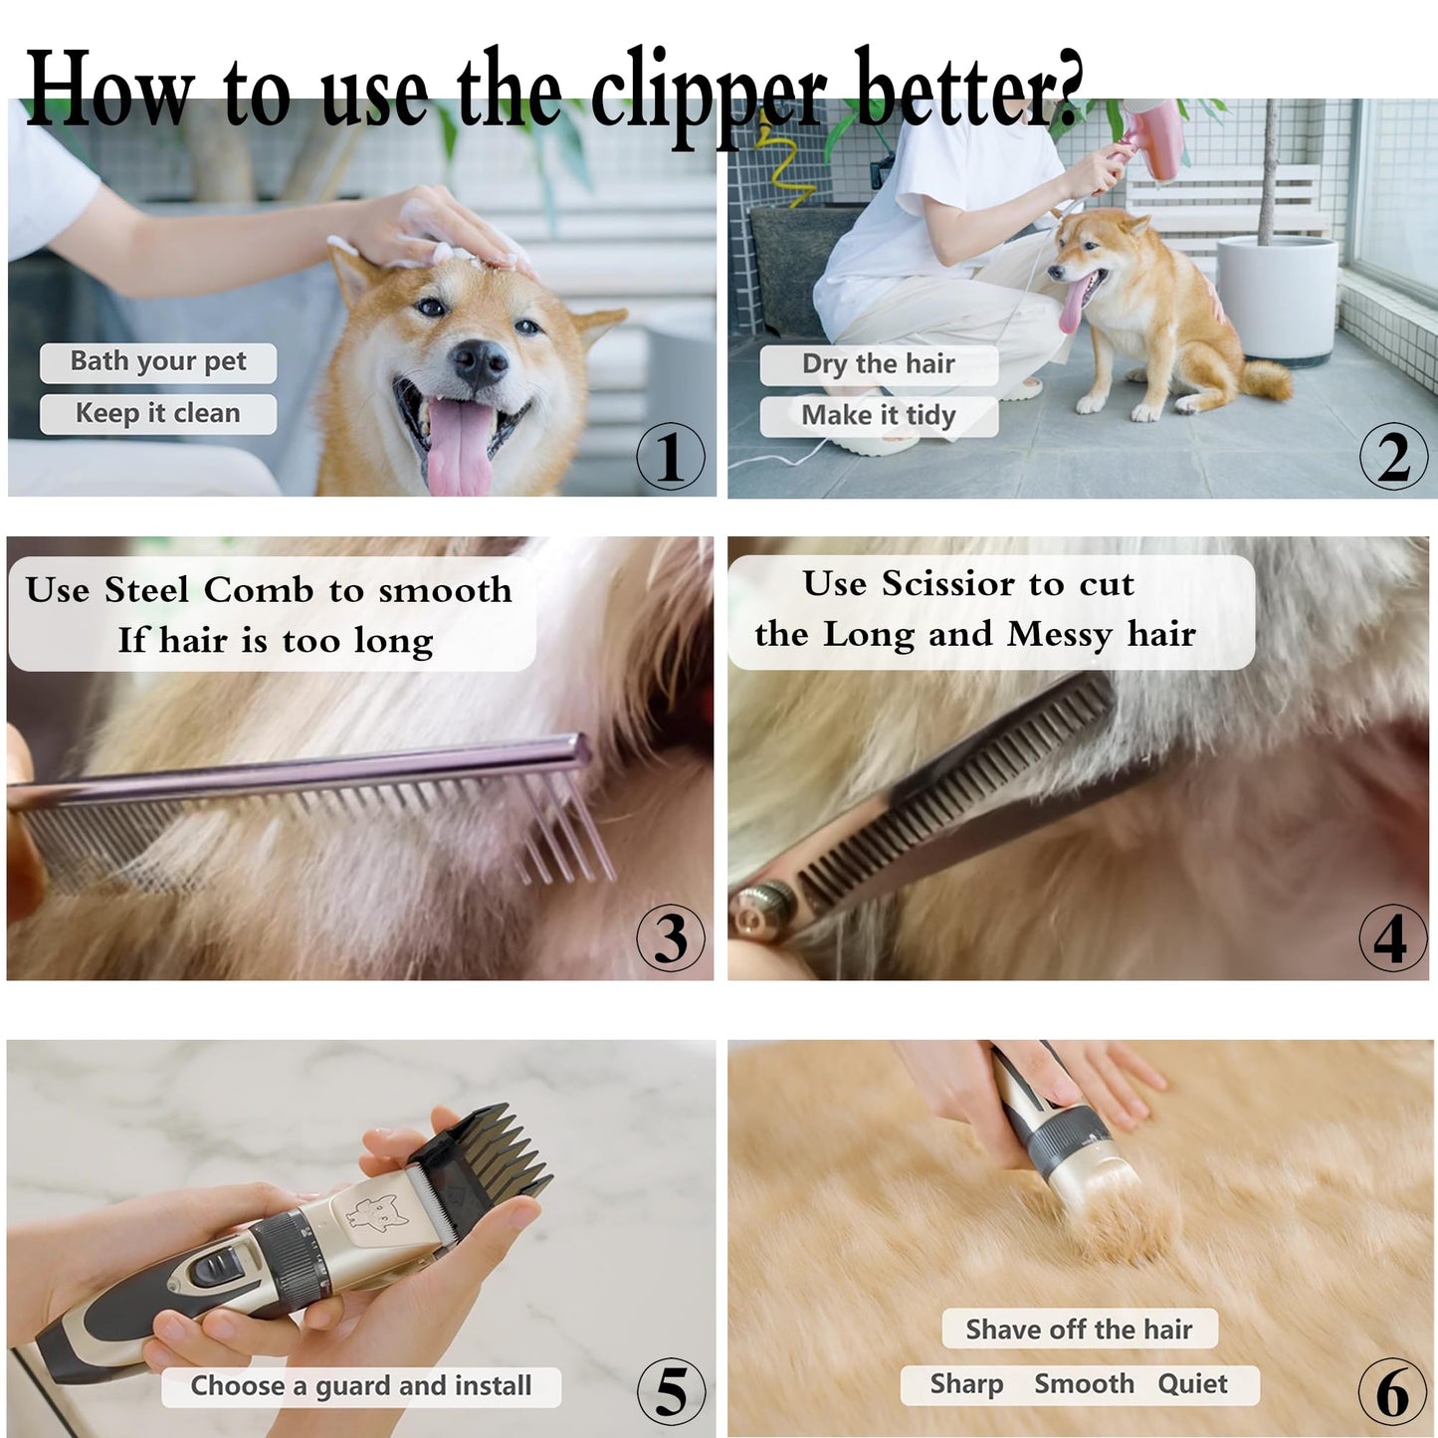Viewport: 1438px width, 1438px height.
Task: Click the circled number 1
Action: pyautogui.click(x=671, y=457)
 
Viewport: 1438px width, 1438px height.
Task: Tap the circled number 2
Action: pyautogui.click(x=1393, y=457)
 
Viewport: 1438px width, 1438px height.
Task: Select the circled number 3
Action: pyautogui.click(x=671, y=937)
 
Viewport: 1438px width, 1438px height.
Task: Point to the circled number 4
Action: pyautogui.click(x=1392, y=937)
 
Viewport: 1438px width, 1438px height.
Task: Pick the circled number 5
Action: pyautogui.click(x=671, y=1390)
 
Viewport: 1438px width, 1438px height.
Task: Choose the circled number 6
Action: pyautogui.click(x=1392, y=1391)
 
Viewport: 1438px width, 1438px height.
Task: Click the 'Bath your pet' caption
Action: pyautogui.click(x=158, y=361)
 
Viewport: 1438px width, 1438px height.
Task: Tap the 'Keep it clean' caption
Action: pyautogui.click(x=158, y=413)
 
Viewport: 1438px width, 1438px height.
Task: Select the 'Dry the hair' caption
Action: pyautogui.click(x=879, y=364)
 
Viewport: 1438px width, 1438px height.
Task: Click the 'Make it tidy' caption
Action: pyautogui.click(x=879, y=415)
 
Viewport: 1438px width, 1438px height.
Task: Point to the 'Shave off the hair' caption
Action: pyautogui.click(x=1079, y=1330)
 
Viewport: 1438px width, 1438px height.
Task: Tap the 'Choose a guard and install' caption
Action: pyautogui.click(x=361, y=1386)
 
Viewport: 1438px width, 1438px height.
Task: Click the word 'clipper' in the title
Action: pyautogui.click(x=708, y=95)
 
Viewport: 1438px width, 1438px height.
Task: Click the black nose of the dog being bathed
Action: pyautogui.click(x=480, y=363)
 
